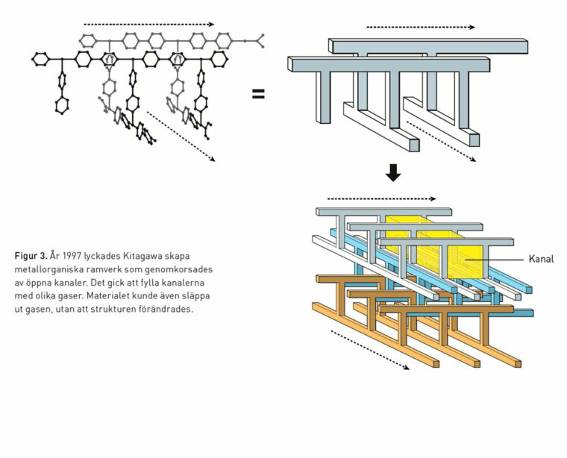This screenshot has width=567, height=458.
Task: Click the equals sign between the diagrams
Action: click(x=258, y=95)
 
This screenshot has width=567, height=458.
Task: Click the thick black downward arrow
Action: click(x=393, y=173)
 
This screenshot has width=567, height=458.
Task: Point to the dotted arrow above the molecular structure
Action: click(x=148, y=24)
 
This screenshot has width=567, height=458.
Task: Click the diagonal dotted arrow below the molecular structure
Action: click(x=181, y=136)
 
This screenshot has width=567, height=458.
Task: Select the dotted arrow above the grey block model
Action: click(x=420, y=27)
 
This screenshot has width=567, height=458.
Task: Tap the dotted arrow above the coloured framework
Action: click(x=381, y=199)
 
